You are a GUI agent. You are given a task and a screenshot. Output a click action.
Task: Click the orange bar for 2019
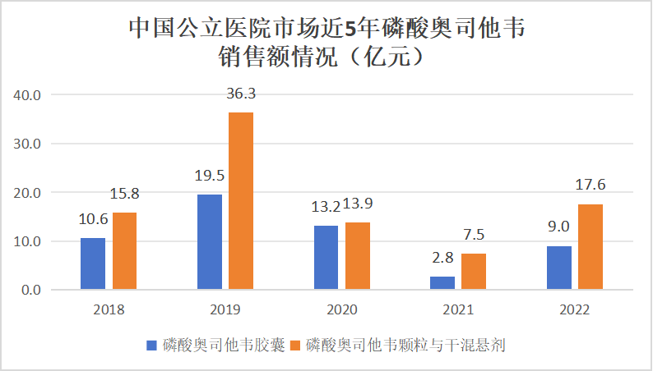[241, 201]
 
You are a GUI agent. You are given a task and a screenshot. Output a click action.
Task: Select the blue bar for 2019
[210, 242]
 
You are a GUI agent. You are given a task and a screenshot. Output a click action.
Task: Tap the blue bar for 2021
[442, 283]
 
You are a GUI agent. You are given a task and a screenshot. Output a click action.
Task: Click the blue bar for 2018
[93, 263]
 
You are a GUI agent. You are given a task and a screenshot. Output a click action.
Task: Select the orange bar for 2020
[357, 256]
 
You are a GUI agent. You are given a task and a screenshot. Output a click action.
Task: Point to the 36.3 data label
[241, 94]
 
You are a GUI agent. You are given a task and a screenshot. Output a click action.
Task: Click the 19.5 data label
[210, 176]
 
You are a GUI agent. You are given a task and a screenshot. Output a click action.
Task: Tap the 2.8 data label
[442, 258]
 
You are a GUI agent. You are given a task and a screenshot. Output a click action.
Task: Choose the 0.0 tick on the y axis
[31, 290]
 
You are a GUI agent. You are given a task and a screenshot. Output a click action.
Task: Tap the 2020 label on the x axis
[341, 310]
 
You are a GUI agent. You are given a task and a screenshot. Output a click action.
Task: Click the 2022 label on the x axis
[574, 310]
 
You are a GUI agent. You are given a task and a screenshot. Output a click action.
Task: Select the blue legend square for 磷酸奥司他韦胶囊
[151, 346]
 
